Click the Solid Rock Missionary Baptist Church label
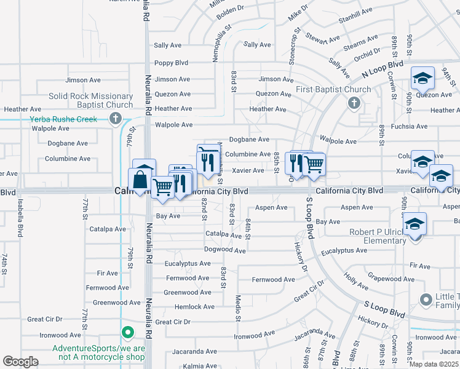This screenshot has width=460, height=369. [x=91, y=100]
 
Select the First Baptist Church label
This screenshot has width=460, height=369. [x=333, y=89]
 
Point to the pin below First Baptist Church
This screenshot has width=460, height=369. [x=354, y=103]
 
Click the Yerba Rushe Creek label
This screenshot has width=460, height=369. [x=63, y=119]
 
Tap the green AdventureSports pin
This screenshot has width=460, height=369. [x=127, y=333]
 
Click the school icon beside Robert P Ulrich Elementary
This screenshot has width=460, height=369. [x=415, y=224]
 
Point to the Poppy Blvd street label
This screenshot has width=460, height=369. [x=171, y=63]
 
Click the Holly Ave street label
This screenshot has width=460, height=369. [x=356, y=281]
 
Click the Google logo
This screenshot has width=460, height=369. [x=20, y=361]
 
